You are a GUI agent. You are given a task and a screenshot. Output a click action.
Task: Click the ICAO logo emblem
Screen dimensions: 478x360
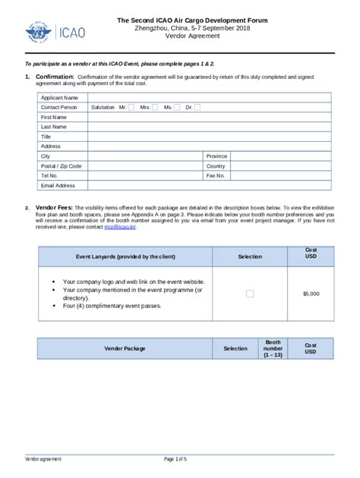(36, 33)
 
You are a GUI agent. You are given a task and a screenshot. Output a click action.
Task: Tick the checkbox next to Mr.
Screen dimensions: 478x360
(131, 108)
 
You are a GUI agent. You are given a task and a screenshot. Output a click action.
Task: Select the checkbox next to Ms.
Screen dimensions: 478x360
(176, 108)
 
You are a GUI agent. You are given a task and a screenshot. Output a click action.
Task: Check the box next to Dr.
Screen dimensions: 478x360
(197, 108)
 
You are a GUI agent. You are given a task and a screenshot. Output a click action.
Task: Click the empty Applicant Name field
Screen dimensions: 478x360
(209, 98)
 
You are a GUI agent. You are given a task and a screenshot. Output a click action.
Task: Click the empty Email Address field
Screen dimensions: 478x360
(209, 185)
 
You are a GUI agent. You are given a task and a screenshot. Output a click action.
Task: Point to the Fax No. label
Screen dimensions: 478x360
(216, 175)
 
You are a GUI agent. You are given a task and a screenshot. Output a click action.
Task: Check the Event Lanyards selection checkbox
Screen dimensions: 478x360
(249, 293)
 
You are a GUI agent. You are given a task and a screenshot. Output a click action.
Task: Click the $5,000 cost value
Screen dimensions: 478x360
(311, 293)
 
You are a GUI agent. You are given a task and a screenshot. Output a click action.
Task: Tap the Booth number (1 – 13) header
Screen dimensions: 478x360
(273, 349)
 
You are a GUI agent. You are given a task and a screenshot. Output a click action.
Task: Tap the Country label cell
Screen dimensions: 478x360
(216, 166)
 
